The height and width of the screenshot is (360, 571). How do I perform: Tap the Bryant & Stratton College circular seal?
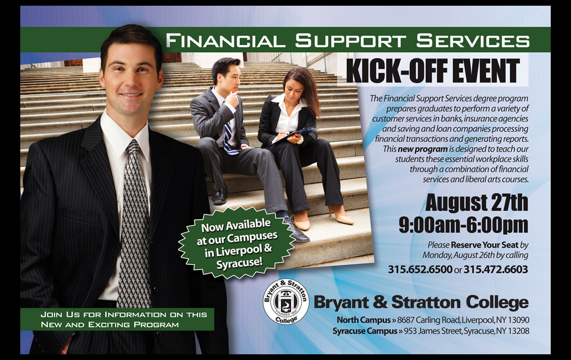tap(286, 301)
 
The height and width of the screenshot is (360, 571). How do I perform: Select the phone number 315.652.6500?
tap(420, 269)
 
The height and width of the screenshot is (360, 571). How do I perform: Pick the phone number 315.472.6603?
tap(496, 269)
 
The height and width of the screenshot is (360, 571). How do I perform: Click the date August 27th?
tap(477, 202)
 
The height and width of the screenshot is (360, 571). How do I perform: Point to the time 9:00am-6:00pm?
tap(463, 225)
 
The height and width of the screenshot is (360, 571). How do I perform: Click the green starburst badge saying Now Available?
tap(237, 242)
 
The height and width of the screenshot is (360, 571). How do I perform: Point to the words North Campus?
tap(363, 320)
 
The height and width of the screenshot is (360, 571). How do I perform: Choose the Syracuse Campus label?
tap(365, 331)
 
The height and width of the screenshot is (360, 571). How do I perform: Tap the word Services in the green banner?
tap(473, 40)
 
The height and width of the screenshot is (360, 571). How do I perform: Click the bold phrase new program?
tap(423, 149)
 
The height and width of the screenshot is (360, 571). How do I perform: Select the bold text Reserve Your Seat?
tap(485, 245)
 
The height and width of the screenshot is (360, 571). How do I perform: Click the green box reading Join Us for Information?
tap(117, 319)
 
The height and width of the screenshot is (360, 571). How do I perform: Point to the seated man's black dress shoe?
tap(219, 196)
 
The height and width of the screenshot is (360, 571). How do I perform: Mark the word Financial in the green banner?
tap(225, 40)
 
